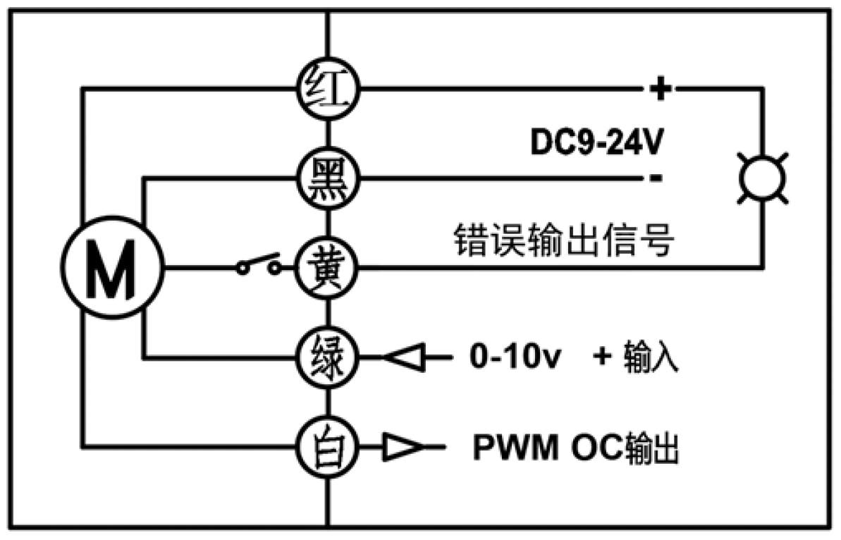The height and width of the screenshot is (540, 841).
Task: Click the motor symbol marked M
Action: (x=111, y=268)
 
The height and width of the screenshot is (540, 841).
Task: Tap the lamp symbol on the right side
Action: (x=762, y=178)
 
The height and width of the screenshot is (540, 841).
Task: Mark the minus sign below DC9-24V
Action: (x=655, y=178)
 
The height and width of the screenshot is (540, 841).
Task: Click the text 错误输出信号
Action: (x=562, y=242)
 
